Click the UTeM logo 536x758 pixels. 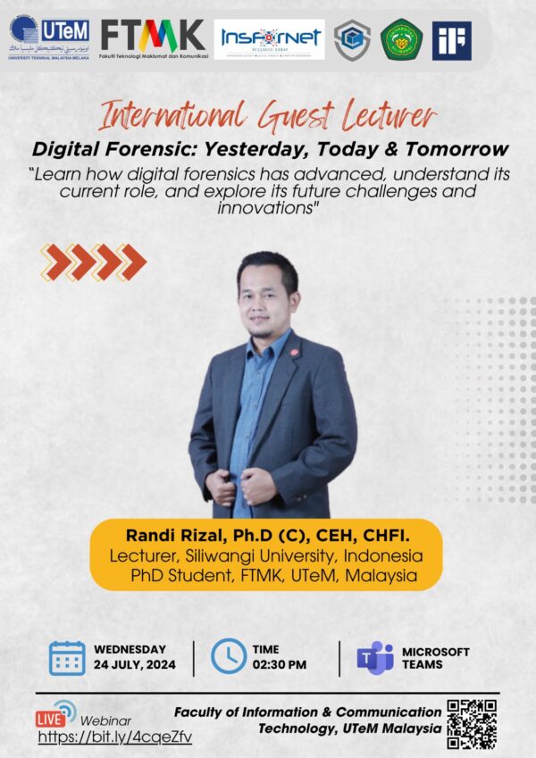click(x=49, y=37)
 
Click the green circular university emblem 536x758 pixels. click(x=401, y=40)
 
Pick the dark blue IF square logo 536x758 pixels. click(x=451, y=40)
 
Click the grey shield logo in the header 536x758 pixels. click(x=352, y=40)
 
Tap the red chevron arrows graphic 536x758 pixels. click(x=93, y=262)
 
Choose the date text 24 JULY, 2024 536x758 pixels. click(x=135, y=665)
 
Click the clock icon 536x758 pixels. click(x=229, y=657)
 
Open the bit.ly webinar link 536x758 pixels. click(x=114, y=737)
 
